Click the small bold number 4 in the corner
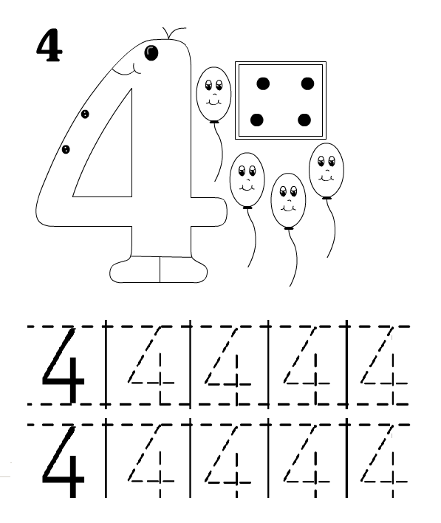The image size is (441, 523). [49, 46]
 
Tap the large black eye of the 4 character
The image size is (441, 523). [151, 52]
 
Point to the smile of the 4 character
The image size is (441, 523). [127, 69]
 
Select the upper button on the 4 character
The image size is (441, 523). [85, 114]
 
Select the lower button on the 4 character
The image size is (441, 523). [66, 149]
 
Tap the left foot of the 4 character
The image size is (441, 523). [134, 270]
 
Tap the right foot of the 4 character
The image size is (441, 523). [183, 270]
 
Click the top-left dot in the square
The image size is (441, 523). [263, 83]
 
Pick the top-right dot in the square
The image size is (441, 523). [307, 83]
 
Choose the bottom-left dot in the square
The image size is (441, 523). [256, 120]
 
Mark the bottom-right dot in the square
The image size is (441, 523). [304, 120]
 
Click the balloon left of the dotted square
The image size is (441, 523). [213, 94]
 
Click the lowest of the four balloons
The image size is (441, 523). [288, 201]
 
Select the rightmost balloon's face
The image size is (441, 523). [327, 168]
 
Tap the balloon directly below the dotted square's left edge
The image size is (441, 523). [247, 180]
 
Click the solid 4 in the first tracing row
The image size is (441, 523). [64, 365]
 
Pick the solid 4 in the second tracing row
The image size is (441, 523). [64, 462]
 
